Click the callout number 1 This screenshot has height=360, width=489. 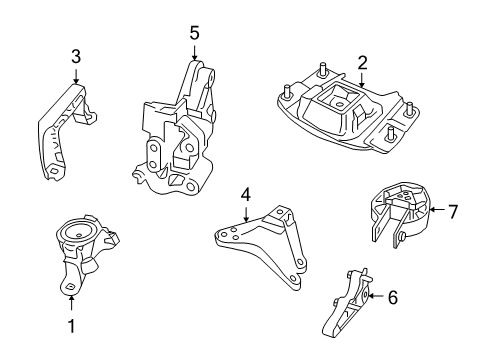(x=70, y=326)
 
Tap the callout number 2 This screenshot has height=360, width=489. (x=361, y=61)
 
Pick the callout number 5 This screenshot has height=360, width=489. (x=195, y=33)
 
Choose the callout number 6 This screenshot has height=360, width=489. (x=392, y=296)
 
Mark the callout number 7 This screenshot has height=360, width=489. (x=453, y=212)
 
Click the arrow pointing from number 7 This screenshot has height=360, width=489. (x=436, y=212)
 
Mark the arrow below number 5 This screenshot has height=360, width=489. (x=195, y=52)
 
